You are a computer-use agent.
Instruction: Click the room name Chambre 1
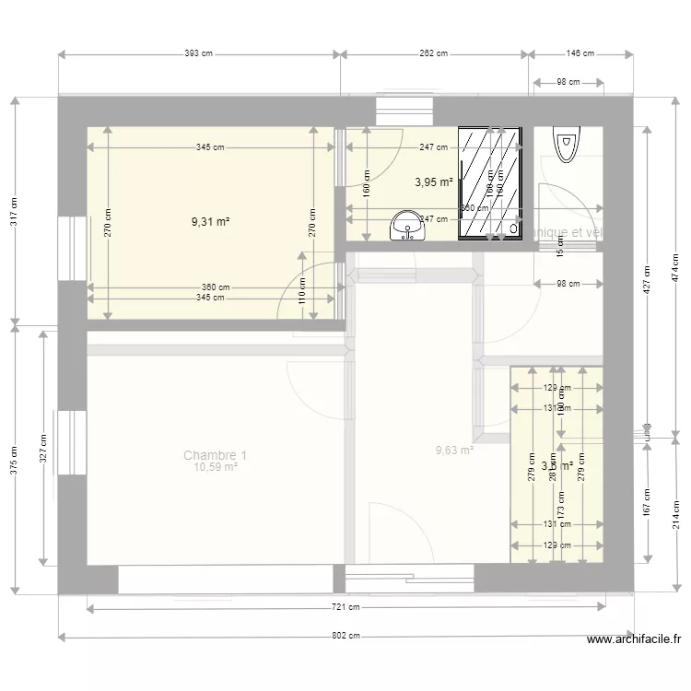point(215,455)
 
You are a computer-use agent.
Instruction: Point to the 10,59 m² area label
point(215,468)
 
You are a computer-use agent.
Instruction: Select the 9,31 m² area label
point(210,221)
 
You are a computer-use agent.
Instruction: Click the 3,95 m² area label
point(433,182)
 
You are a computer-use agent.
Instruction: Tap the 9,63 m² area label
point(454,451)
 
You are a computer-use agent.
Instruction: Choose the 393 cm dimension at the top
point(198,54)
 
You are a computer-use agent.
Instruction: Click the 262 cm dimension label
point(433,54)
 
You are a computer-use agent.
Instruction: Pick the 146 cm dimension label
point(580,54)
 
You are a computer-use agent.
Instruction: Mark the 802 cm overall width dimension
point(346,636)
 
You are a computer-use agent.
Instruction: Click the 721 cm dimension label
point(346,607)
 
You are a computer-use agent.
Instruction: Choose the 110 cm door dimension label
point(301,292)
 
